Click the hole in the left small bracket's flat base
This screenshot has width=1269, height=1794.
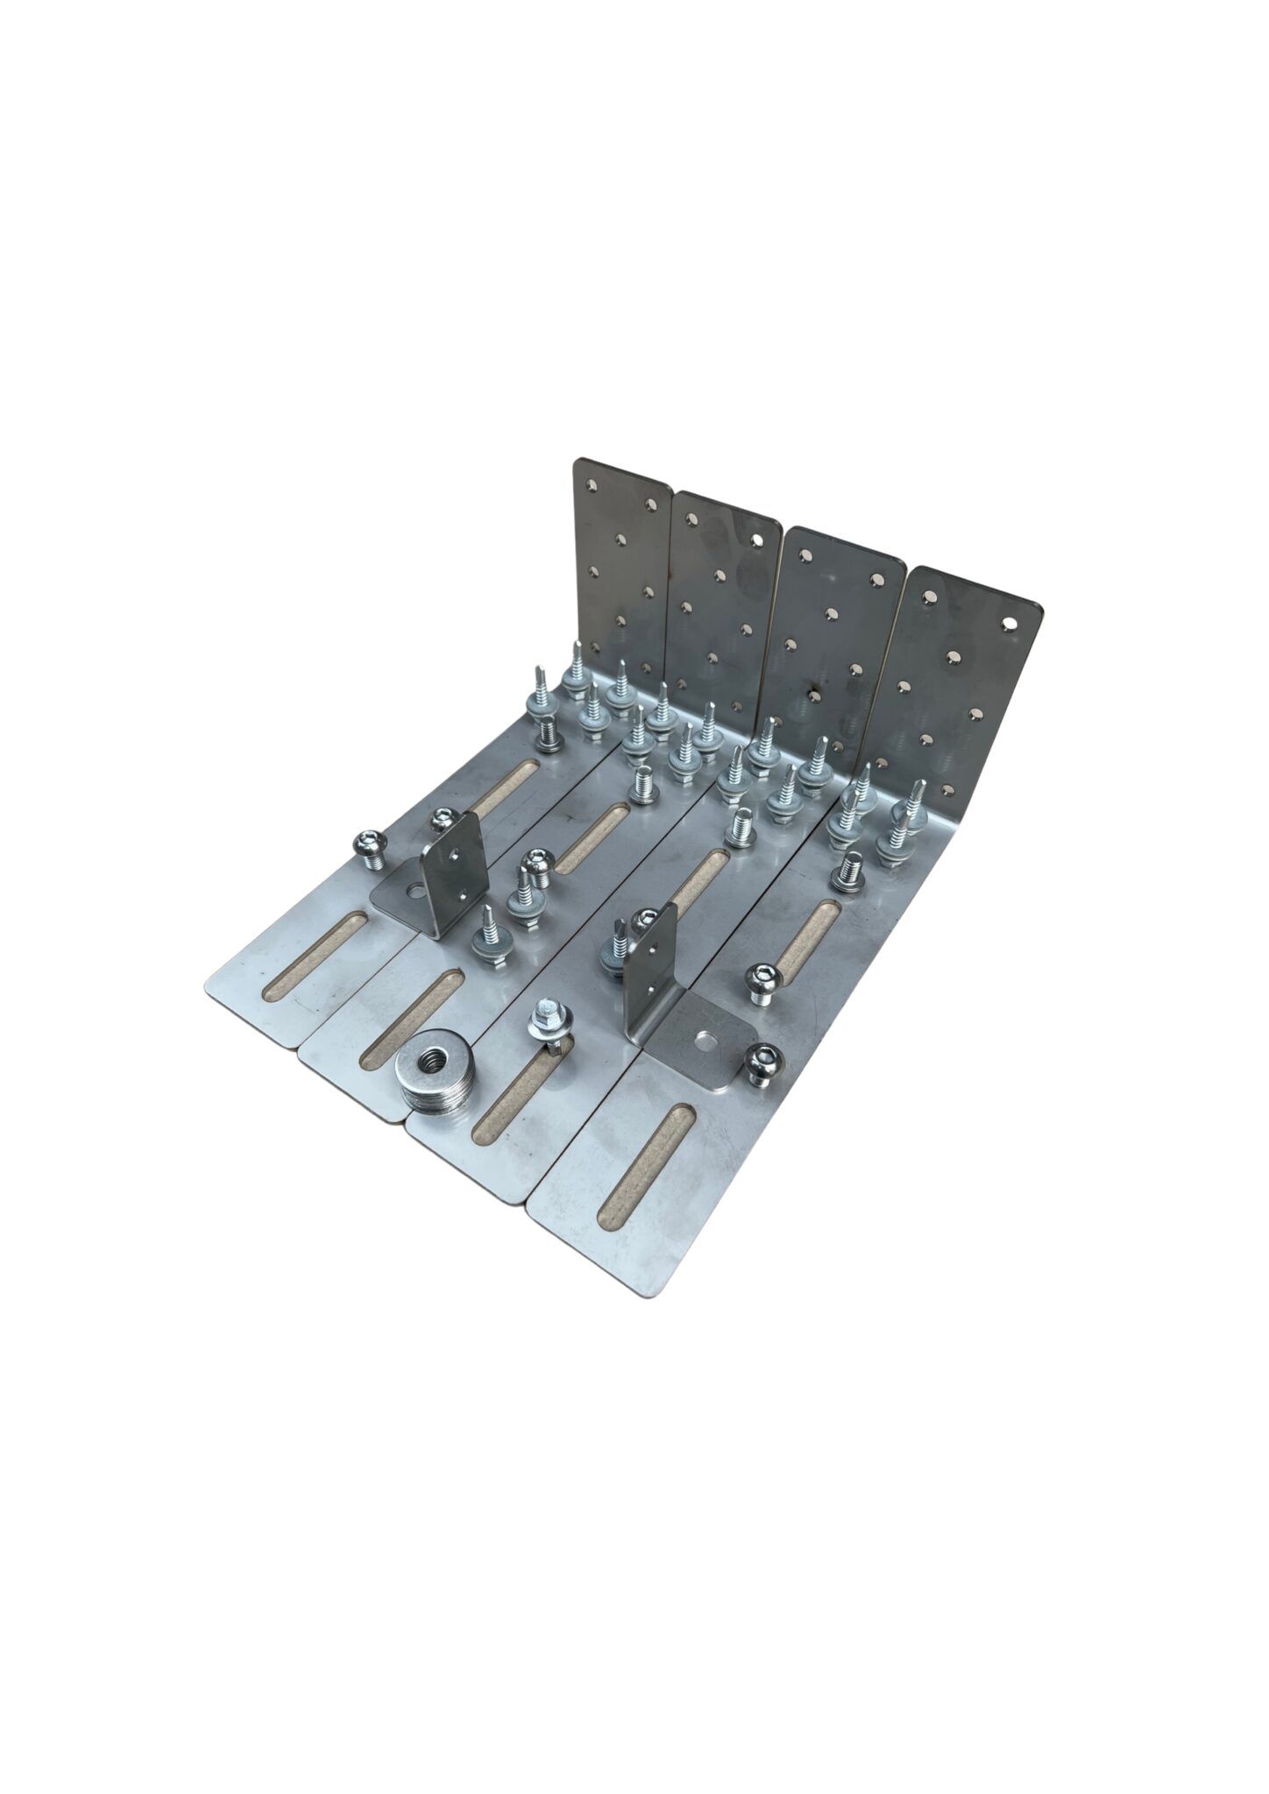(415, 894)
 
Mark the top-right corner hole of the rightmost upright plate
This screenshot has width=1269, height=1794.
(1011, 620)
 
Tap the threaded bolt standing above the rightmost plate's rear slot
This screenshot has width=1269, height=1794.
(846, 873)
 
